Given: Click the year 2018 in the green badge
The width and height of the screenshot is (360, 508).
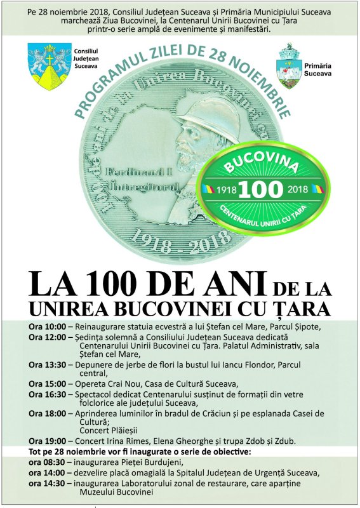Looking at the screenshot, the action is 306,190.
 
